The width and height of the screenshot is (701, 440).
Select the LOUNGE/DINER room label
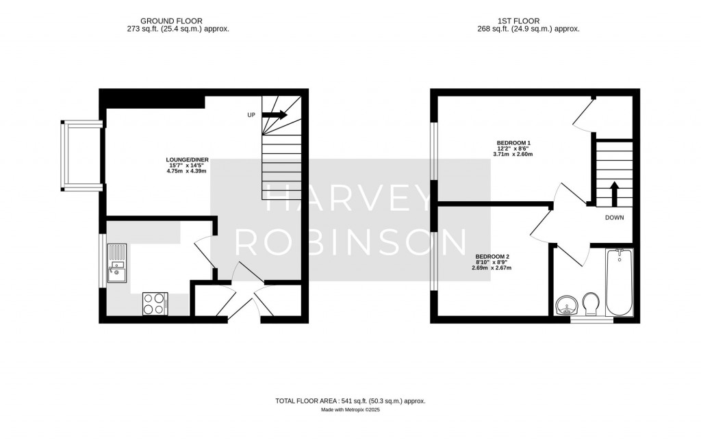[181, 160]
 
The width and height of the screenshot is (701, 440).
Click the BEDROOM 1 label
[513, 142]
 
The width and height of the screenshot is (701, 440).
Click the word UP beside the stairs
[251, 115]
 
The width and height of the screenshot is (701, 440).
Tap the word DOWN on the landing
[614, 218]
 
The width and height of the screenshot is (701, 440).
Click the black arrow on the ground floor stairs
[274, 115]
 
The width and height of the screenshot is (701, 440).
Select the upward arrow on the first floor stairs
[614, 193]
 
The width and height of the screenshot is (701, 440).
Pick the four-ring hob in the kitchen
[155, 303]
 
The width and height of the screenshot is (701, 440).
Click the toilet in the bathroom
[590, 302]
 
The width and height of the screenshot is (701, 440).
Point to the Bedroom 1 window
[433, 152]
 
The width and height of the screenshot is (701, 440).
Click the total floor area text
[350, 400]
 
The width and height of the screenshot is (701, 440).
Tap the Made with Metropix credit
[350, 411]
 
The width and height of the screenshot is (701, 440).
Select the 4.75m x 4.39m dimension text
[181, 171]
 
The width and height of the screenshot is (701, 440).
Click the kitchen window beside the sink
[103, 261]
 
